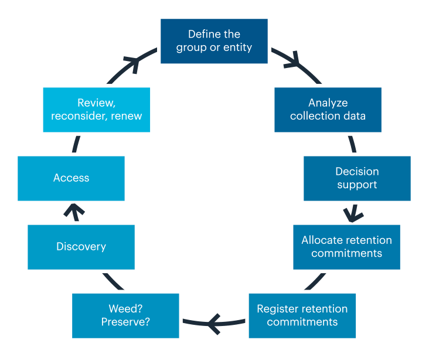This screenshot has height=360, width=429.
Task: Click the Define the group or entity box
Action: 214,41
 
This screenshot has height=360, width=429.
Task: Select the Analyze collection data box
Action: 328,110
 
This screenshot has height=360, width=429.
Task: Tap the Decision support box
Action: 357,178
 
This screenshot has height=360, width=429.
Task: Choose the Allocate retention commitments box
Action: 346,247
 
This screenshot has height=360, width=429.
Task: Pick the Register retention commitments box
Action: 302,315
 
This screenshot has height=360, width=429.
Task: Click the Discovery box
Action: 81,247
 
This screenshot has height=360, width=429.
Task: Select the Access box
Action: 71,178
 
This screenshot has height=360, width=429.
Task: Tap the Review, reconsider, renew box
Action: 96,110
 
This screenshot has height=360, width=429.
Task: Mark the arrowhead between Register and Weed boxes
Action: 213,321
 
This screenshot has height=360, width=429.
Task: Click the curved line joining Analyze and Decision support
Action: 352,144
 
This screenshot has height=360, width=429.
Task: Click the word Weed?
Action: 125,309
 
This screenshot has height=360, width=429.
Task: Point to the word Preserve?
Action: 125,322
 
